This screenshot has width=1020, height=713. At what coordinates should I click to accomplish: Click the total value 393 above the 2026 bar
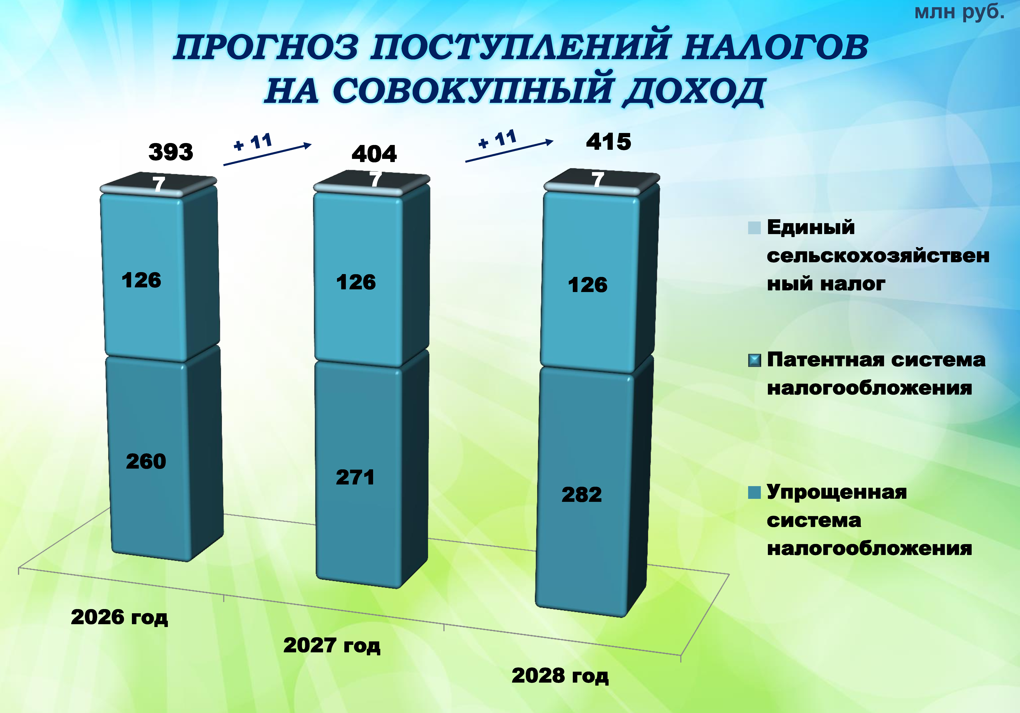click(171, 152)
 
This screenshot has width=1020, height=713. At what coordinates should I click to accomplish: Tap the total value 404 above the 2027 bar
click(374, 154)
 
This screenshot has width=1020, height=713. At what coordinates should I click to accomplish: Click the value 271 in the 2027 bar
click(355, 477)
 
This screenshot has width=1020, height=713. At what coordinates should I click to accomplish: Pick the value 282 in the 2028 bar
click(581, 495)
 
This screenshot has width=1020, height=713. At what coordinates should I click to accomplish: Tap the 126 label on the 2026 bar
click(141, 280)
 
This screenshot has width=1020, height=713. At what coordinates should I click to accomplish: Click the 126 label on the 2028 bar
click(587, 285)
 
